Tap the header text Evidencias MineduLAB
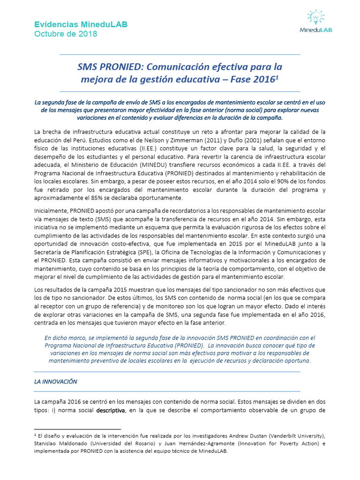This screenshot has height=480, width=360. coord(80,24)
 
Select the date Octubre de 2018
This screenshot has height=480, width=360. coord(66,34)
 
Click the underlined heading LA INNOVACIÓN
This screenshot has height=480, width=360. coord(55,382)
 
